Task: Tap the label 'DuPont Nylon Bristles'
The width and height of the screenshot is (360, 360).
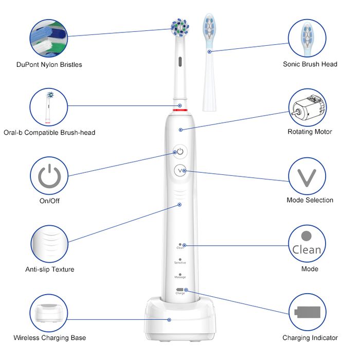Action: click(x=49, y=65)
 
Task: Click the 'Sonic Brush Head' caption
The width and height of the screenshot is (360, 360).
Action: click(x=310, y=64)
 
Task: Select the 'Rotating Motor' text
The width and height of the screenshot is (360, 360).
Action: click(x=310, y=132)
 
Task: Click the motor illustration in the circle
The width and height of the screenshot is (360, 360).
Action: click(x=307, y=107)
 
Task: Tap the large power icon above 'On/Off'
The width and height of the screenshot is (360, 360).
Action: click(x=49, y=176)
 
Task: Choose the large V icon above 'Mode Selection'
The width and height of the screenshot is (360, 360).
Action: click(x=307, y=176)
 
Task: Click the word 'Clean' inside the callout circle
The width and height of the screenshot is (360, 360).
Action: click(x=307, y=250)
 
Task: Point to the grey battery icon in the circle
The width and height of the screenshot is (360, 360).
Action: click(x=307, y=312)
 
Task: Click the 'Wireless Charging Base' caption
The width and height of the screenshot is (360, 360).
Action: click(x=50, y=338)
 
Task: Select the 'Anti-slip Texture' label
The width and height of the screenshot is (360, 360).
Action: click(x=50, y=269)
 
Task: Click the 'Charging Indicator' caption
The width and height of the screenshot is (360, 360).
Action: click(x=310, y=338)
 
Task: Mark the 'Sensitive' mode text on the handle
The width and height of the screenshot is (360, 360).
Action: click(x=180, y=263)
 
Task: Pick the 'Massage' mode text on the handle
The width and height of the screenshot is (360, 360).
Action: click(x=180, y=278)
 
